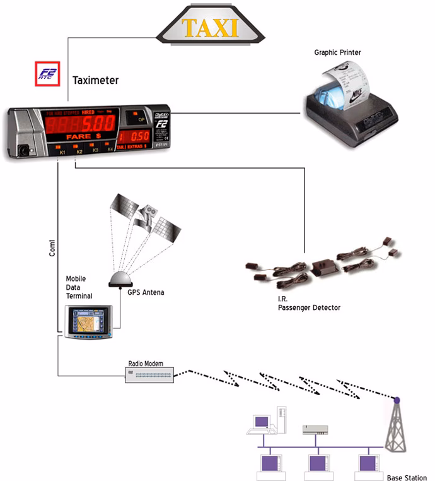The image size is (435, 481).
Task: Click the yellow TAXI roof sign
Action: pos(210,28)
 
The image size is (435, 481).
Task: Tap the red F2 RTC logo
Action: pos(47,74)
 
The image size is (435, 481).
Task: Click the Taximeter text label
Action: pos(95,80)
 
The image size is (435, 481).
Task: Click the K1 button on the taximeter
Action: pos(62,150)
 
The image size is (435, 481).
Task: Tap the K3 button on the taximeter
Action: pos(95,149)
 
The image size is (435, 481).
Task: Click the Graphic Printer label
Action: pos(337,52)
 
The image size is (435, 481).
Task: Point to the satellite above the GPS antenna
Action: pos(146,218)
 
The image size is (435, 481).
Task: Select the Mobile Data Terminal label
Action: pos(79,287)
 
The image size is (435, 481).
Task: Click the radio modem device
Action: pos(149,376)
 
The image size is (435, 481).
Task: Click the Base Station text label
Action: pos(406,477)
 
